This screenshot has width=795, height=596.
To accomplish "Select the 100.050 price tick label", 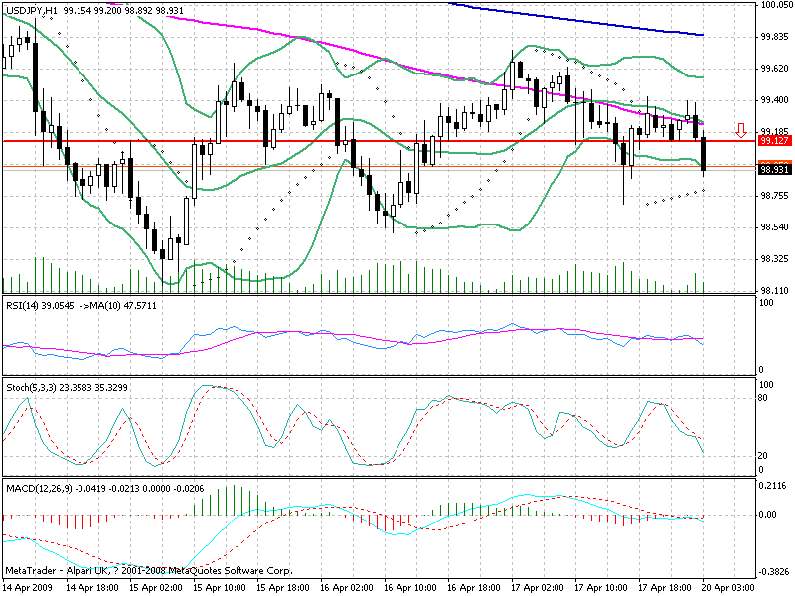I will (773, 5).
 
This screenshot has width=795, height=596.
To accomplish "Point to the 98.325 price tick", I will (773, 258).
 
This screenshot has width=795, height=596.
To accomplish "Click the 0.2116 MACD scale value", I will (772, 487).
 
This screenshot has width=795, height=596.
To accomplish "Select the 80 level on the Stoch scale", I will (764, 397).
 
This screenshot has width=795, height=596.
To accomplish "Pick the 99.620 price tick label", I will (773, 69).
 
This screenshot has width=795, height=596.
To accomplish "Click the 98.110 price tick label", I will (773, 290).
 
